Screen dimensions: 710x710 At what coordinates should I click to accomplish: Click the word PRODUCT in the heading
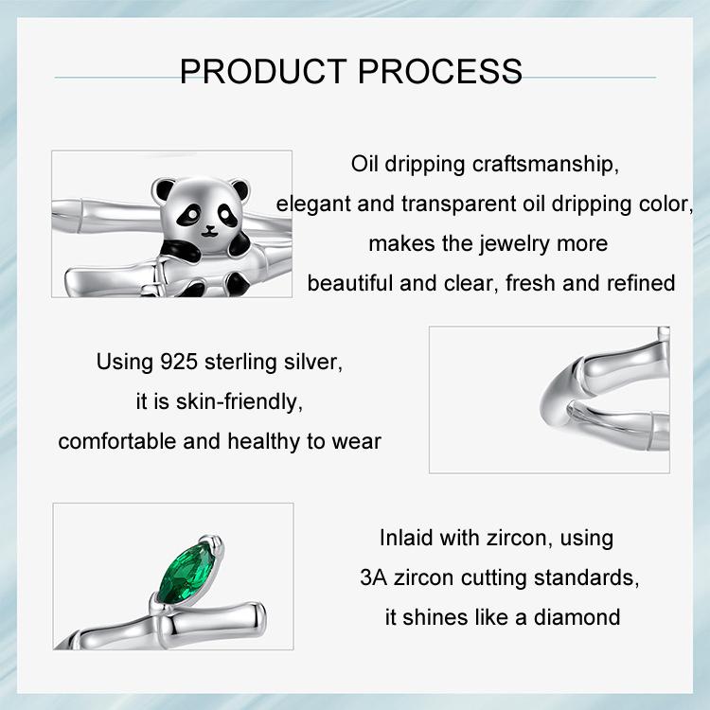pyautogui.click(x=263, y=71)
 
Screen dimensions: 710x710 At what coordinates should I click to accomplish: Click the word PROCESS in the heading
pyautogui.click(x=440, y=71)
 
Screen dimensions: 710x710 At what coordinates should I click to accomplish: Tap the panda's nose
pyautogui.click(x=209, y=228)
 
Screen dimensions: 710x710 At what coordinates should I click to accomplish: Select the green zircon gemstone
pyautogui.click(x=187, y=573)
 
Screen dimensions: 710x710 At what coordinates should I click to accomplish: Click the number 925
pyautogui.click(x=179, y=362)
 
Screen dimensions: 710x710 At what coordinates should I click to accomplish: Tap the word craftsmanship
pyautogui.click(x=545, y=164)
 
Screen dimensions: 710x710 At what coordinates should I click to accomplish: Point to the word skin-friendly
pyautogui.click(x=240, y=402)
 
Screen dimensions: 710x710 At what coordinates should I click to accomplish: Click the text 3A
pyautogui.click(x=374, y=577)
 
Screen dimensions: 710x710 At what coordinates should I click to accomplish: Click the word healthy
pyautogui.click(x=263, y=441)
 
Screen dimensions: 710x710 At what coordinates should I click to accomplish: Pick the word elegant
pyautogui.click(x=313, y=204)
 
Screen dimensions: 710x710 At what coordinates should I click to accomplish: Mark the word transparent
pyautogui.click(x=459, y=204)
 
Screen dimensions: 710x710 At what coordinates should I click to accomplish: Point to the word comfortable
pyautogui.click(x=117, y=441)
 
